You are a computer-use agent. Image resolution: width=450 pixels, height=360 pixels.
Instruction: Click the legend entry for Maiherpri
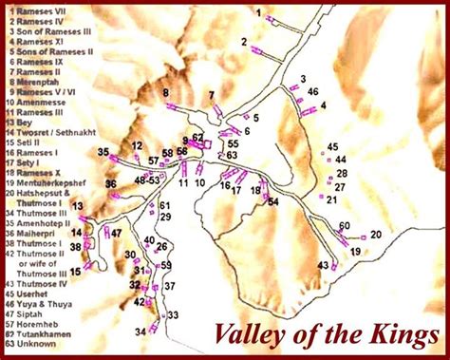click(x=39, y=231)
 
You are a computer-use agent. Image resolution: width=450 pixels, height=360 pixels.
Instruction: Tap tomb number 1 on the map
click(x=258, y=11)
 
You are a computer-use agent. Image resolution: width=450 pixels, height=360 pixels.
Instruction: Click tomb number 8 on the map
click(x=165, y=92)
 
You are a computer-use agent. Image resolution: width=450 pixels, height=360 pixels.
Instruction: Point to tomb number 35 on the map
click(x=103, y=152)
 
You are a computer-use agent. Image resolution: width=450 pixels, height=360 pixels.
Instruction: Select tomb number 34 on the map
click(x=141, y=332)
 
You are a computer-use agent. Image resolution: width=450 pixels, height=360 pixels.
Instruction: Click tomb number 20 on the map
click(x=376, y=234)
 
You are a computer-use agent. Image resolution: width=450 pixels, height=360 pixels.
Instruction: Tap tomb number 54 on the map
click(x=272, y=202)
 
